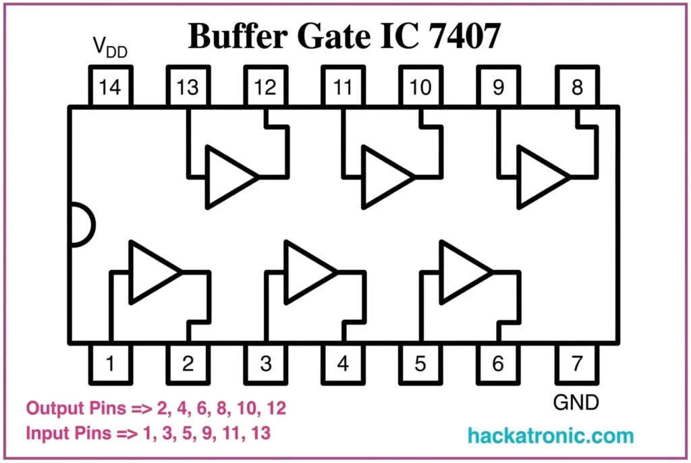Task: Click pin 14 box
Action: coord(110,87)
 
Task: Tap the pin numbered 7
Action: coord(576,364)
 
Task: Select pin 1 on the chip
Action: coord(110,364)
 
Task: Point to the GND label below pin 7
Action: coord(576,403)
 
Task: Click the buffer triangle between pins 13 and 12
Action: coord(229,177)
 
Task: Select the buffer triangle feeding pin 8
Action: coord(541,177)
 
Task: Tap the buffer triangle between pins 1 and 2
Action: coord(152,272)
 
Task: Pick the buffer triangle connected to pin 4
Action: coord(307,272)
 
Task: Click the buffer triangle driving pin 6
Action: coord(462,272)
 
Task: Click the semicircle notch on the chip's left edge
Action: coord(80,225)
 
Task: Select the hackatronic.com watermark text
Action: coord(551,435)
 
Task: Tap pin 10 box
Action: coord(420,87)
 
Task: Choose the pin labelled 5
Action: coord(420,364)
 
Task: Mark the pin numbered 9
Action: coord(498,87)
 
